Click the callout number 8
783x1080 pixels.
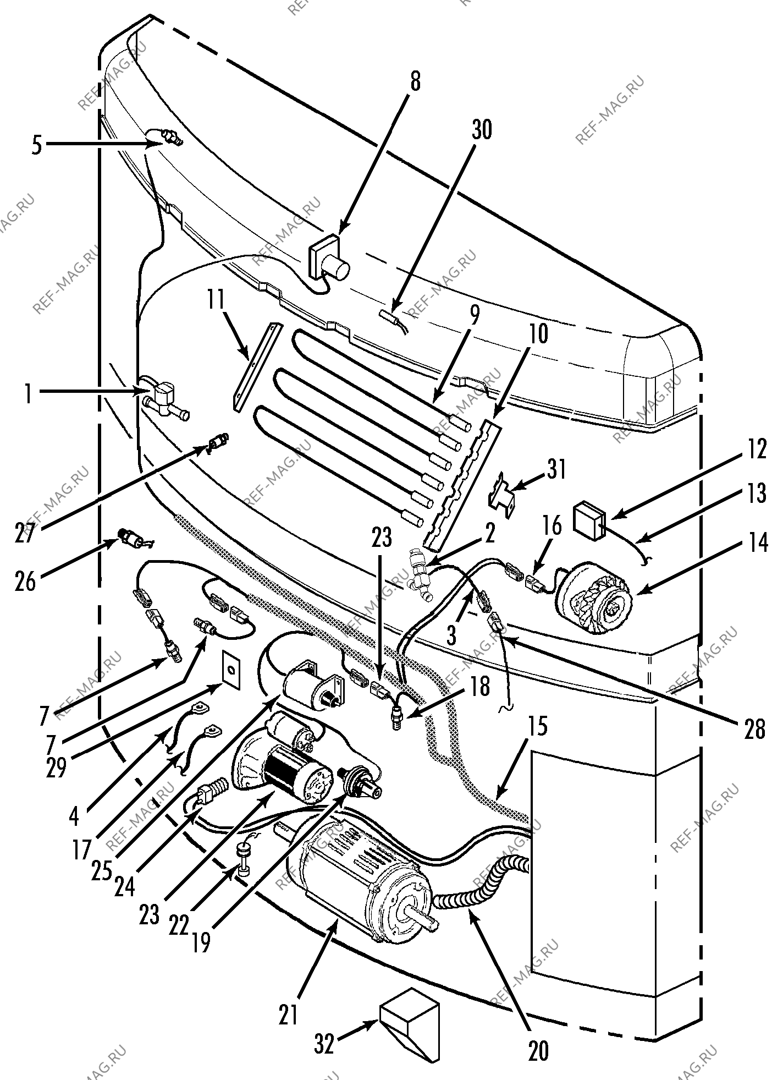coord(415,82)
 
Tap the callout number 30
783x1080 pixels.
coord(482,130)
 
